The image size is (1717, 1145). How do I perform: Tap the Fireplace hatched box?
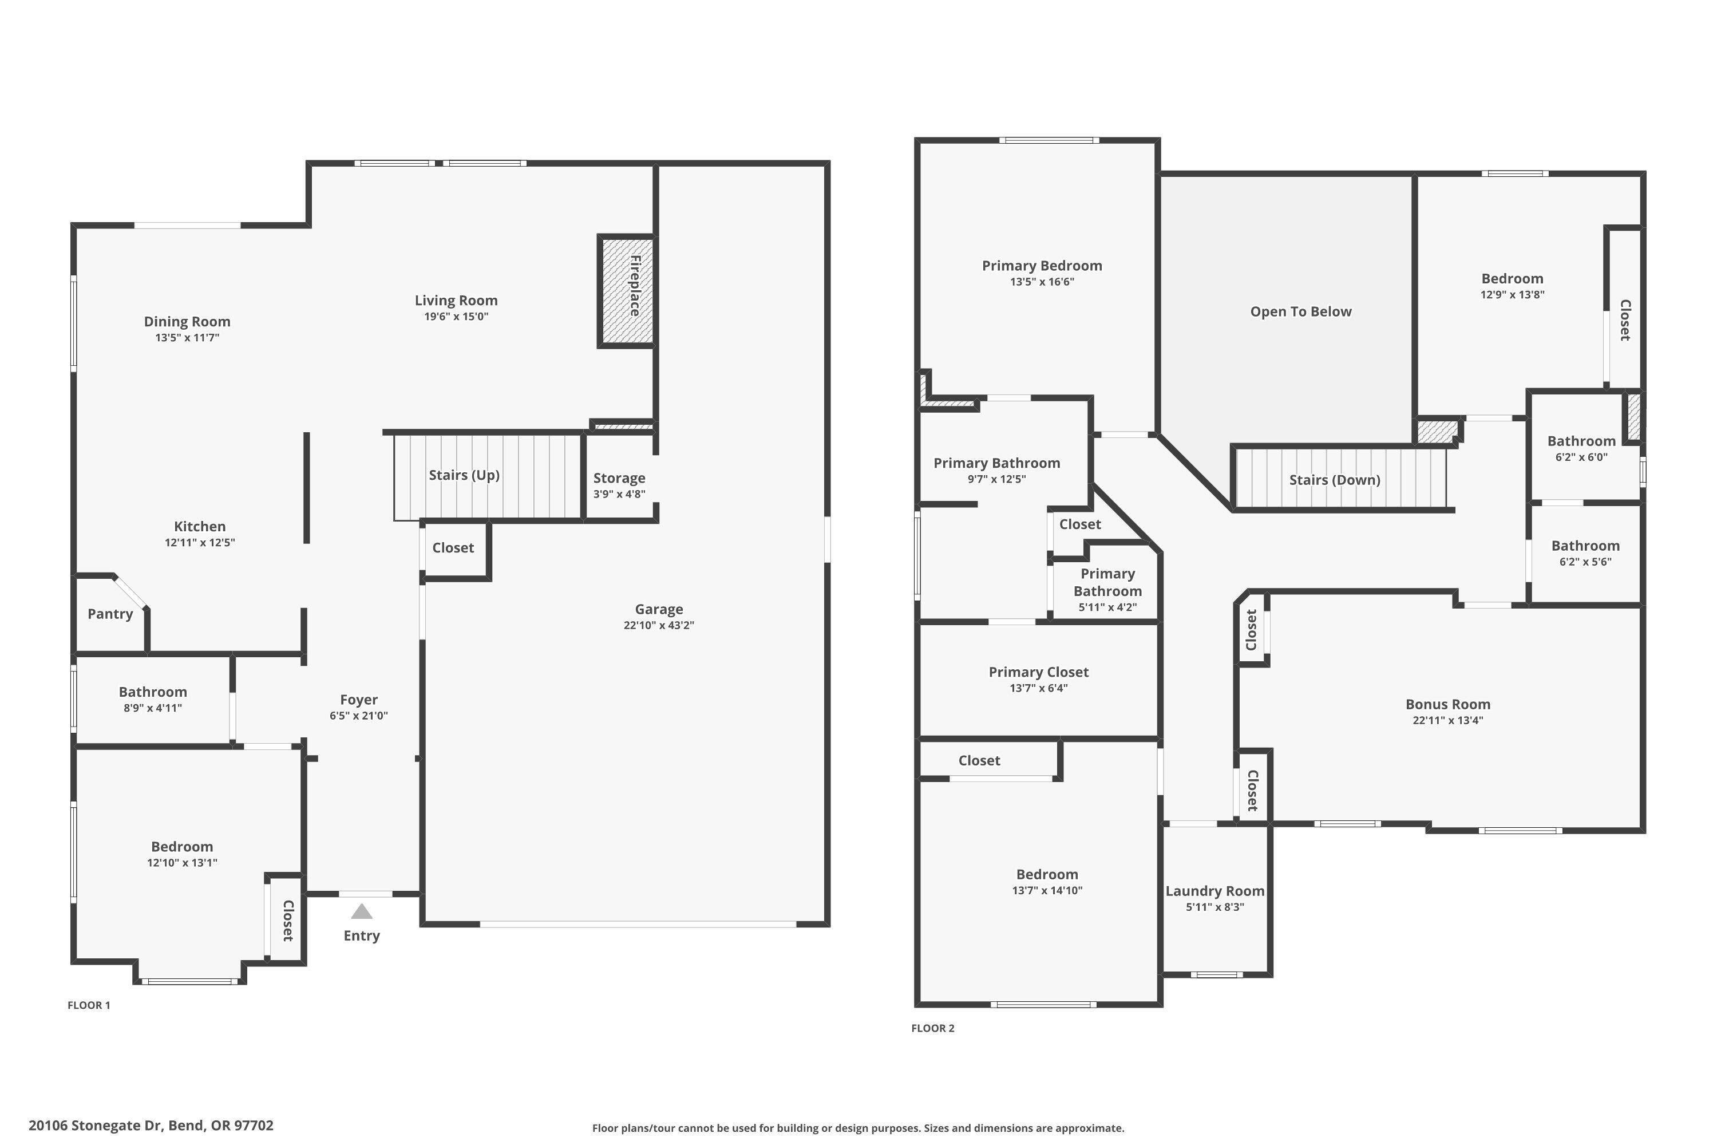pos(626,291)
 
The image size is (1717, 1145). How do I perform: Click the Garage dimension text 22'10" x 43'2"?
pos(659,626)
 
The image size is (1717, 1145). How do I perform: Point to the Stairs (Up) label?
pos(464,475)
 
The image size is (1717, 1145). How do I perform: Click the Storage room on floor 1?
pos(619,478)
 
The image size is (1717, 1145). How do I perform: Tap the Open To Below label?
pos(1301,312)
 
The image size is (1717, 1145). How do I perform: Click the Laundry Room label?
pos(1214,891)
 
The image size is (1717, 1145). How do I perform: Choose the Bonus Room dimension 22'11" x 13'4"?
pos(1447,721)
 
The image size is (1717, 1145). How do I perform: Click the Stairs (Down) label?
pos(1335,480)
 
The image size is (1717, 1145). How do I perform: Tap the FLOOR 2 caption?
pos(932,1029)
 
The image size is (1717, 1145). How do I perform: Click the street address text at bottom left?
pos(151,1126)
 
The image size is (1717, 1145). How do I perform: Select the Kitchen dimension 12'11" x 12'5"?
pos(199,543)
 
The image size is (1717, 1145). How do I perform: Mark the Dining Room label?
pos(187,322)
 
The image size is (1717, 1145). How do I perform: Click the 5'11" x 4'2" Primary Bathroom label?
pos(1107,583)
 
